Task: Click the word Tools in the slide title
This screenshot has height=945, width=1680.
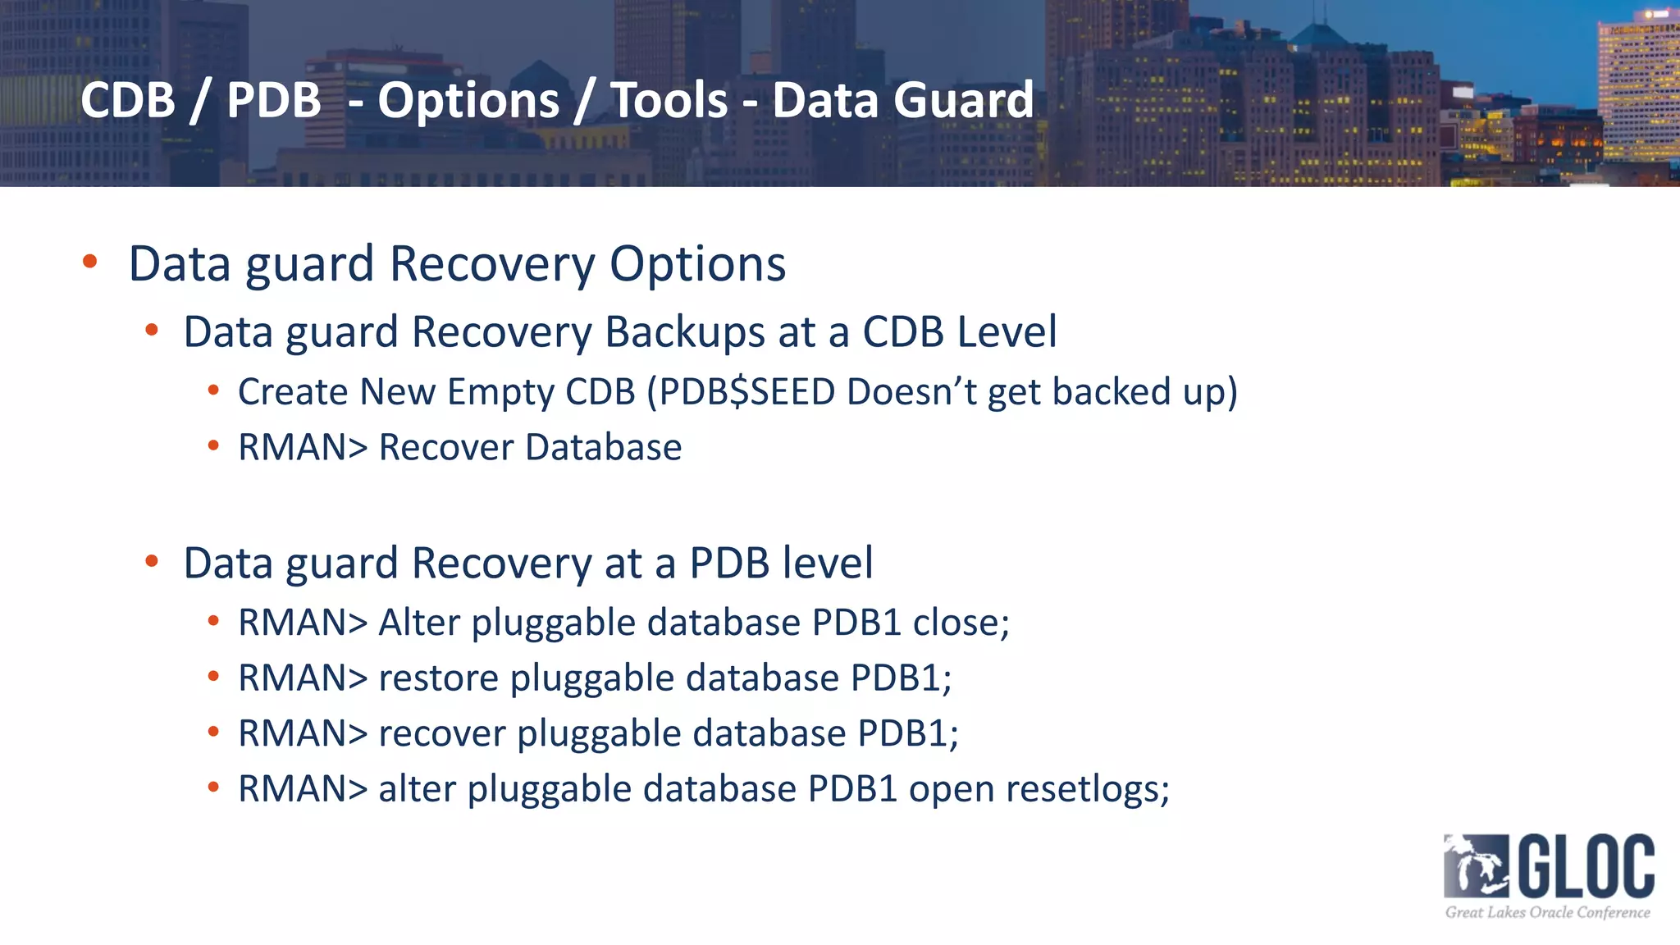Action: [x=669, y=100]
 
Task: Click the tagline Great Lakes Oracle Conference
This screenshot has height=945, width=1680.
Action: [x=1547, y=912]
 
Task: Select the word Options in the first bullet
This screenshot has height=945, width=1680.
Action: [x=697, y=264]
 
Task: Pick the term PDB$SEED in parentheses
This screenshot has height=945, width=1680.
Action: [x=746, y=392]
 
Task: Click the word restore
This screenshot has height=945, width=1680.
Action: [x=438, y=678]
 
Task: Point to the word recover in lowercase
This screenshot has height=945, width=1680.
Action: [x=441, y=733]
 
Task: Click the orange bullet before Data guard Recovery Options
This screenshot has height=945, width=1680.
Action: [x=90, y=262]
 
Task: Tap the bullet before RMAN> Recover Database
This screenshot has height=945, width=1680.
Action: [x=213, y=446]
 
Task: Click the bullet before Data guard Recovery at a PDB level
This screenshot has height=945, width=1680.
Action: [x=151, y=562]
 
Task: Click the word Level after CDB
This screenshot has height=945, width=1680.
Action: [x=1007, y=333]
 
